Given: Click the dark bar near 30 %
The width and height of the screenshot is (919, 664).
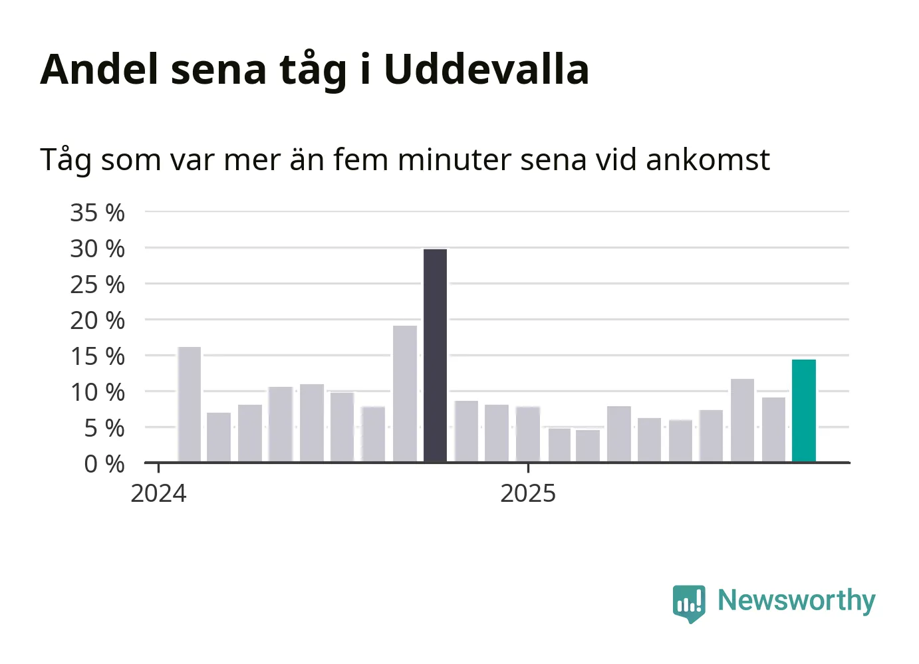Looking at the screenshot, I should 435,356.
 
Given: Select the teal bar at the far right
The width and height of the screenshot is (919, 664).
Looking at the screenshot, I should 803,411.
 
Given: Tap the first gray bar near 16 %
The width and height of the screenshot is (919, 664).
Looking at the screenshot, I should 190,404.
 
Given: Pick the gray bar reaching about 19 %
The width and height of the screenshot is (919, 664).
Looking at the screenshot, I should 404,393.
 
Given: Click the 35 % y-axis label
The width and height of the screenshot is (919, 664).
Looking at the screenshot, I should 98,213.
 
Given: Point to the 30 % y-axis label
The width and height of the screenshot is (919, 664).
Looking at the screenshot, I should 98,249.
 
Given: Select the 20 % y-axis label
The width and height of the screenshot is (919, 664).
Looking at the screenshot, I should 98,320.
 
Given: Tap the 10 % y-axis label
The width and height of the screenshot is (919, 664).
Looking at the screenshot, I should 98,392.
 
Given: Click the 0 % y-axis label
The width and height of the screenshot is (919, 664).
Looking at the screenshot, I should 104,464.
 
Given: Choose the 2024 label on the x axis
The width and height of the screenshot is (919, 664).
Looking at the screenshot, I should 158,494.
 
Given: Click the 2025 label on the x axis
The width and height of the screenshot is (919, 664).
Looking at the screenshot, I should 528,494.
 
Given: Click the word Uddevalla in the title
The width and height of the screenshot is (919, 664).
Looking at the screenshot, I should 486,69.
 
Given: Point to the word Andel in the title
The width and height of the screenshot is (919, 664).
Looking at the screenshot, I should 100,69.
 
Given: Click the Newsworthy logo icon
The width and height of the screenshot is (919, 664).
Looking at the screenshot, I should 688,603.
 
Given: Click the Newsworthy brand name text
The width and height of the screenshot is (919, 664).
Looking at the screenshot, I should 796,601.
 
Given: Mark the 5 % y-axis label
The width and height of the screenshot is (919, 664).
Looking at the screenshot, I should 104,428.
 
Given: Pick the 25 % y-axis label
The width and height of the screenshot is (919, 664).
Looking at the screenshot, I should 98,284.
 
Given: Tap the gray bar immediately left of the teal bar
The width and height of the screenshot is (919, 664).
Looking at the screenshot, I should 773,429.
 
